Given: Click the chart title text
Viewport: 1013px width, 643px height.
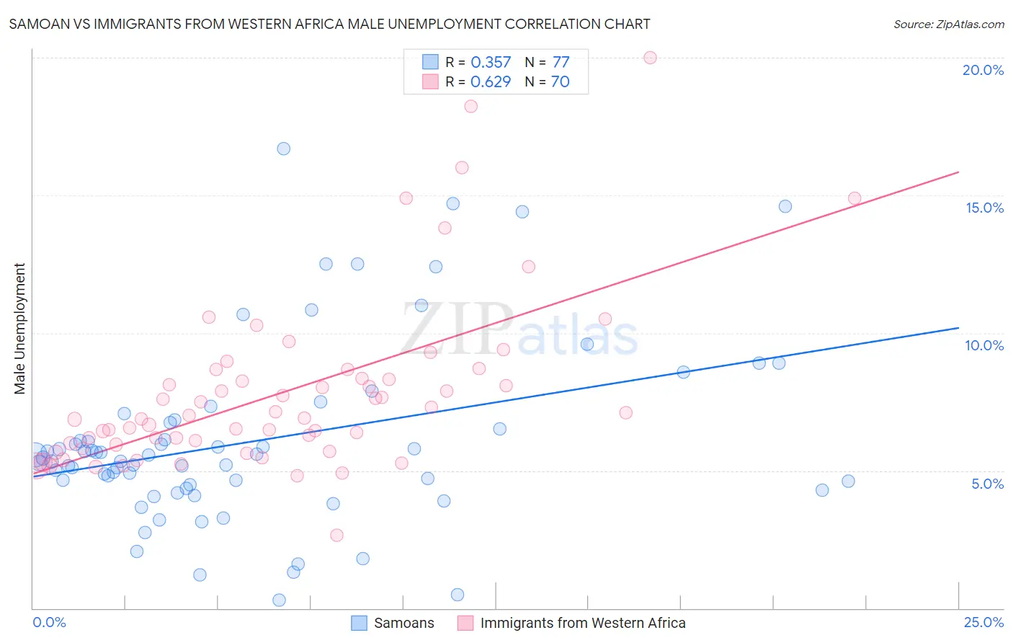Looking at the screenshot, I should [x=329, y=24].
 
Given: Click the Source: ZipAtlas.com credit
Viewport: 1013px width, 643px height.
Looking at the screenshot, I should [x=948, y=24].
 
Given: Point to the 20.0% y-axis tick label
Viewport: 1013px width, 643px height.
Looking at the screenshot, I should [x=983, y=70].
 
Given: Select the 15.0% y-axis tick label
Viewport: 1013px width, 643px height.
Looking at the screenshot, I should [x=984, y=208].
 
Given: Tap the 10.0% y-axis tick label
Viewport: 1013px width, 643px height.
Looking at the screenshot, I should [x=984, y=345].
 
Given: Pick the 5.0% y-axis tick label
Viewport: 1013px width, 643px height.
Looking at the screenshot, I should [x=987, y=484].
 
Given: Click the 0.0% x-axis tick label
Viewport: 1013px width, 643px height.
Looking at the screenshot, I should [x=49, y=622].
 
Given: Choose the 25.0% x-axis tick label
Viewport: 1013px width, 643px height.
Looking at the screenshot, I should [x=983, y=622].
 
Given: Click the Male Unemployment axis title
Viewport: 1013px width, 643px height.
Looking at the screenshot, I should [x=19, y=329].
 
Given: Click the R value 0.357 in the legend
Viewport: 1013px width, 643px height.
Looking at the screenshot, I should [x=491, y=62].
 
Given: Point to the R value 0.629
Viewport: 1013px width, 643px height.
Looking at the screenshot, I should [x=491, y=81].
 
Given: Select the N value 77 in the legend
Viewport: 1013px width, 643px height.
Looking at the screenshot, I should [x=561, y=62].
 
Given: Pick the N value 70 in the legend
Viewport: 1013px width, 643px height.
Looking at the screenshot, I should [x=560, y=81].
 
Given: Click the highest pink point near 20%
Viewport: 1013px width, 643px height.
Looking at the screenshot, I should [x=650, y=58].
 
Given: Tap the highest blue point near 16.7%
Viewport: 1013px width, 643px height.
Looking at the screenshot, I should [x=284, y=148].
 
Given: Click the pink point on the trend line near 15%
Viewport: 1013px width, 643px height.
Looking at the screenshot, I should [x=854, y=198].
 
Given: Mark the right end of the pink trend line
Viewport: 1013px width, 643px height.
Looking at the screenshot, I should [x=958, y=172].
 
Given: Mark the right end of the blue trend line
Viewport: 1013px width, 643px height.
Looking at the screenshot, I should [x=958, y=328].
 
